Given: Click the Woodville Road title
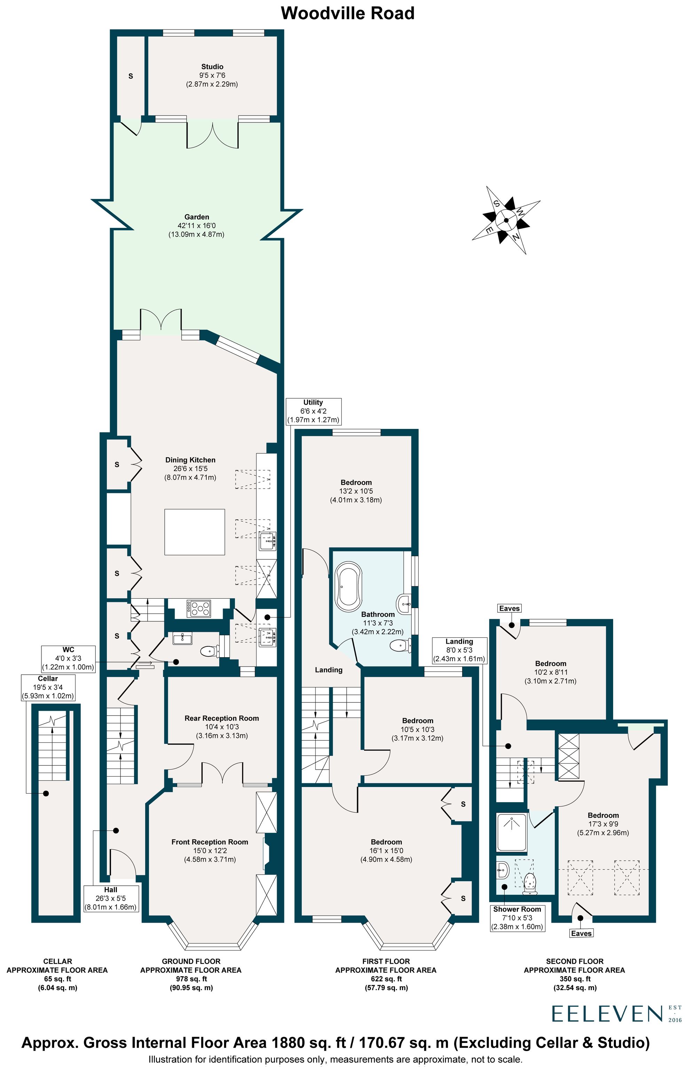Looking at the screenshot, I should point(348,14).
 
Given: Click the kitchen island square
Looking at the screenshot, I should point(195,532).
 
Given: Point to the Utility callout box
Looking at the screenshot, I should point(314,411).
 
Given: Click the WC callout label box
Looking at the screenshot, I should point(68,658).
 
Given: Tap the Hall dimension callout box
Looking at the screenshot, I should point(111,898).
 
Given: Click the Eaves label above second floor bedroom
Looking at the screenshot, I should point(509,608).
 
